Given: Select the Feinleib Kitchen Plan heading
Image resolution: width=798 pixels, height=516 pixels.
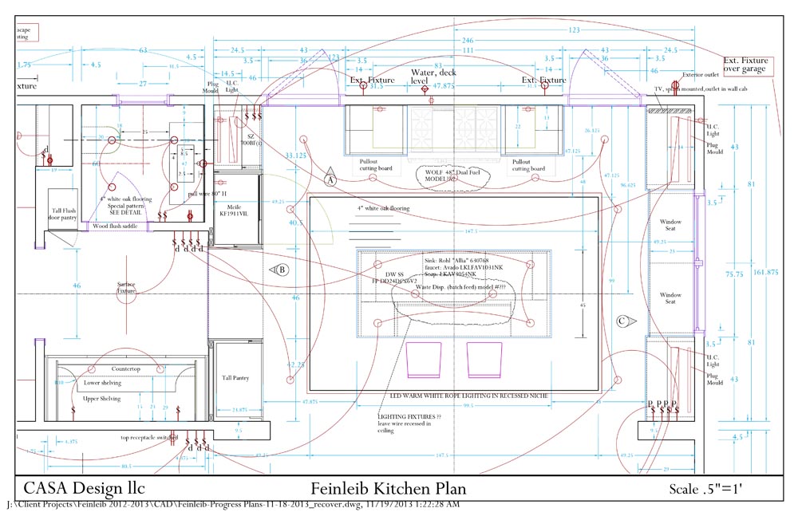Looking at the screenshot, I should [x=388, y=488].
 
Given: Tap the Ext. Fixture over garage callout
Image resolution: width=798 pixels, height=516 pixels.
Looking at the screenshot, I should [x=745, y=65].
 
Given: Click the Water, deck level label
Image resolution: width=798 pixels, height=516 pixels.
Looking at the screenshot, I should [x=433, y=77].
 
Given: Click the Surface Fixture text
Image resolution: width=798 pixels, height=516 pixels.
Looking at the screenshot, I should [x=127, y=288].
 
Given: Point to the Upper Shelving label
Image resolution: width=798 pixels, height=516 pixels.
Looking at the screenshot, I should [x=102, y=398].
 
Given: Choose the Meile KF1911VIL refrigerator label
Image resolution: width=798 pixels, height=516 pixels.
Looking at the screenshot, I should [x=235, y=211].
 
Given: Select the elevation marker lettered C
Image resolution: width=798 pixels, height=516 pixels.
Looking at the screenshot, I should [x=623, y=321].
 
